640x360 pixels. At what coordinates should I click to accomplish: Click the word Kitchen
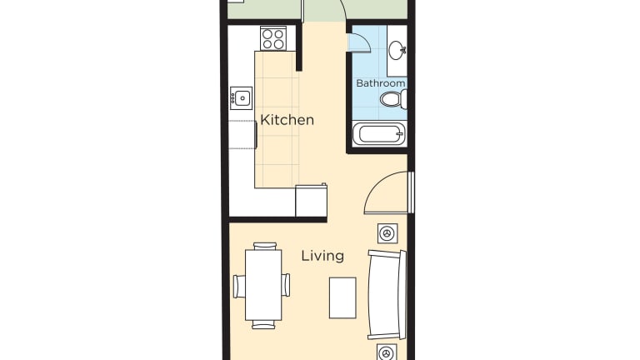pyautogui.click(x=287, y=120)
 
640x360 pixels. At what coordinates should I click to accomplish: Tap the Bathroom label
pyautogui.click(x=380, y=83)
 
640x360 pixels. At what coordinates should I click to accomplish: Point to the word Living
pyautogui.click(x=322, y=256)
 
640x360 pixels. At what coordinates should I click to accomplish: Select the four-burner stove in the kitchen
pyautogui.click(x=273, y=39)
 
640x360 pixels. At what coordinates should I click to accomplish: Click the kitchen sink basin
pyautogui.click(x=241, y=98)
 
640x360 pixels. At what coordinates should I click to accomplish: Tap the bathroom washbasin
pyautogui.click(x=396, y=51)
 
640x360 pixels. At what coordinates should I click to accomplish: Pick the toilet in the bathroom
pyautogui.click(x=393, y=99)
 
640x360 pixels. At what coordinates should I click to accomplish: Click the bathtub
pyautogui.click(x=379, y=134)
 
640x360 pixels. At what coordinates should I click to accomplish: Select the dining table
pyautogui.click(x=263, y=285)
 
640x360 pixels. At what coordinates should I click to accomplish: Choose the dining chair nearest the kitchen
pyautogui.click(x=264, y=246)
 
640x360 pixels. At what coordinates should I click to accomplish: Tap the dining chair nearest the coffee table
pyautogui.click(x=286, y=285)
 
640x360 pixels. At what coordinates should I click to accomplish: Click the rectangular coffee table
pyautogui.click(x=342, y=298)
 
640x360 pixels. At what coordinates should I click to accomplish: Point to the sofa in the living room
pyautogui.click(x=387, y=295)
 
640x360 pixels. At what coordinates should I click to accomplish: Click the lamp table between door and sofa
pyautogui.click(x=387, y=233)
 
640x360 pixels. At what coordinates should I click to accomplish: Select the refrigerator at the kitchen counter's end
pyautogui.click(x=311, y=200)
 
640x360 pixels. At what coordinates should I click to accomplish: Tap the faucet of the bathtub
pyautogui.click(x=399, y=133)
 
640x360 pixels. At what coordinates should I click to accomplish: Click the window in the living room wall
pyautogui.click(x=412, y=192)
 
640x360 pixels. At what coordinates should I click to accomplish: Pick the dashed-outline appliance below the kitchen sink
pyautogui.click(x=242, y=135)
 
